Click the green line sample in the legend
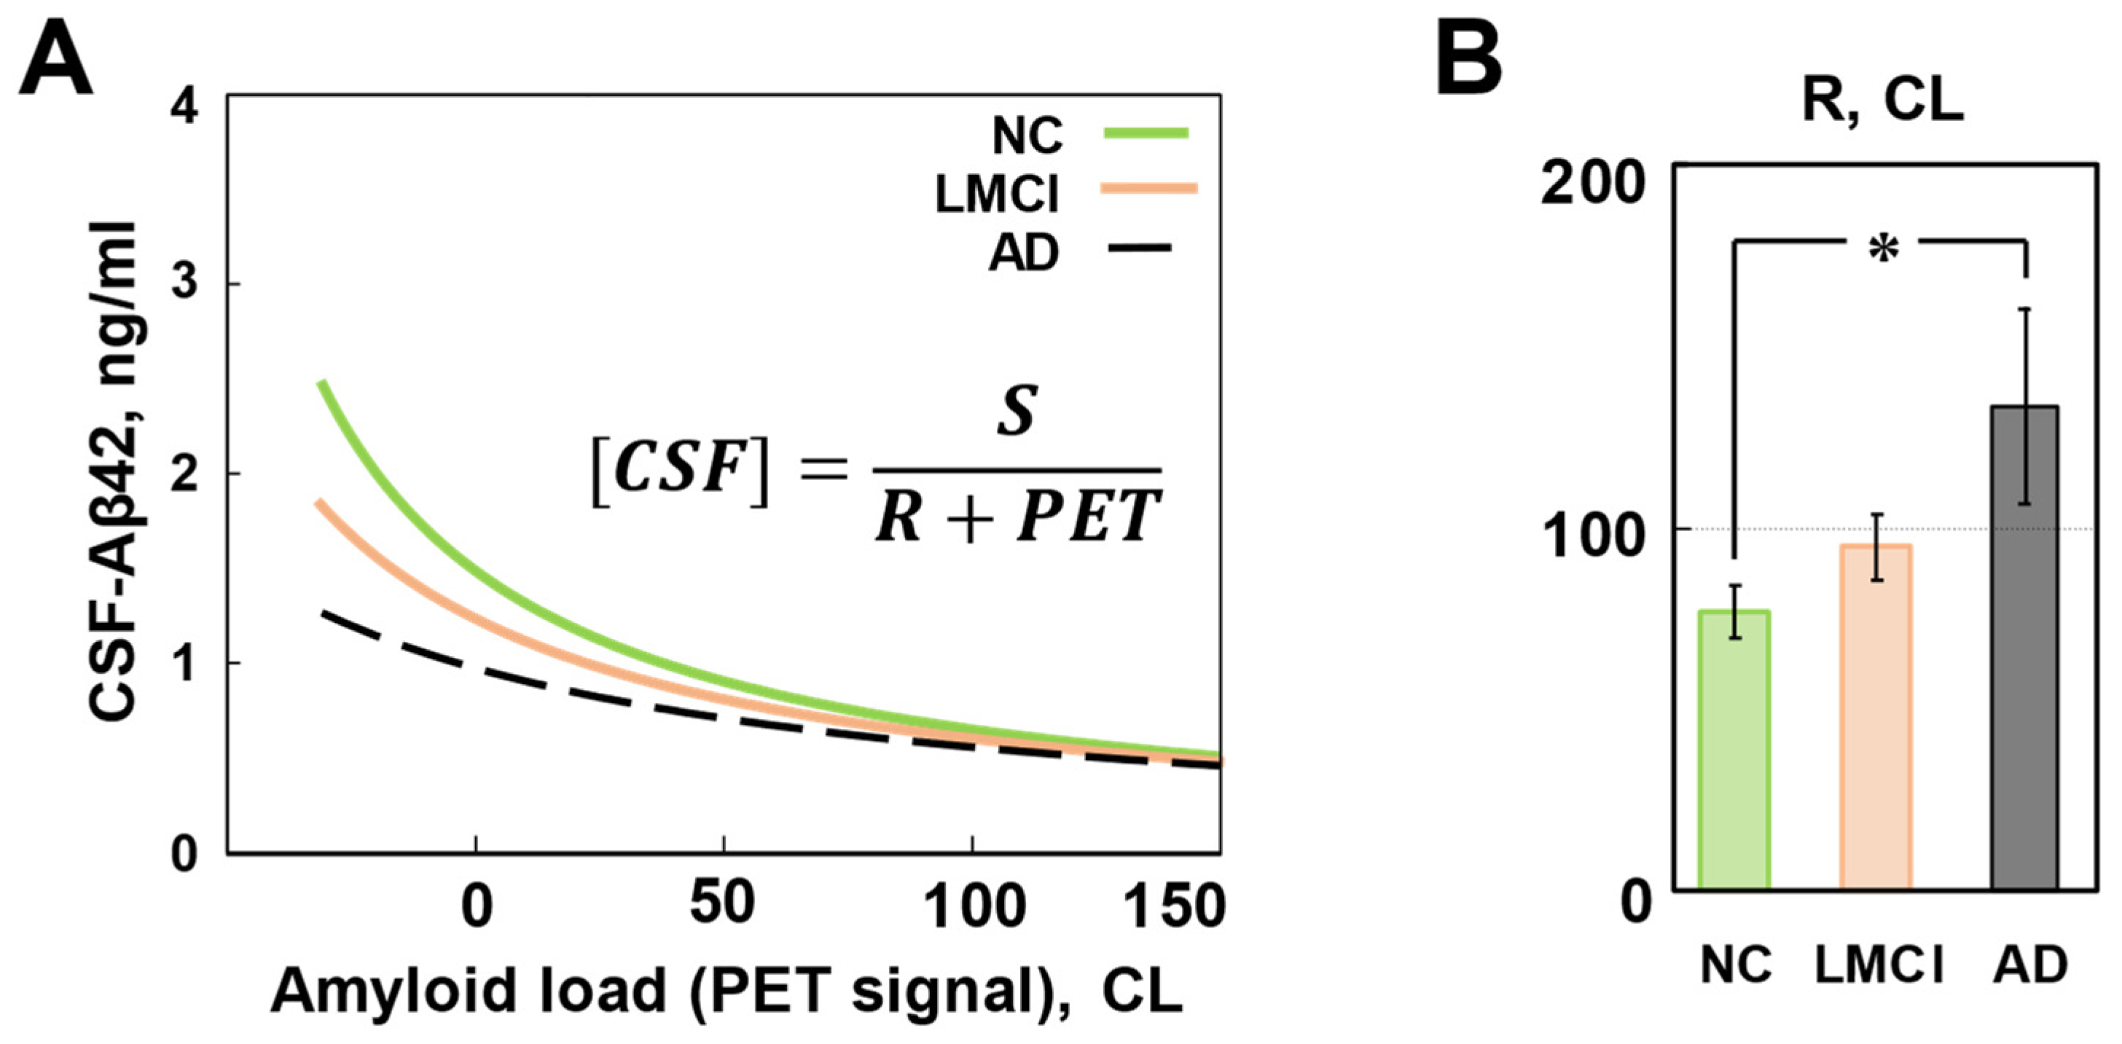[1147, 132]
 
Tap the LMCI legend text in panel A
[997, 195]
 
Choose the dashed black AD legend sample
[1139, 247]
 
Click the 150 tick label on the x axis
[1174, 906]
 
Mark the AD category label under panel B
[2031, 965]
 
